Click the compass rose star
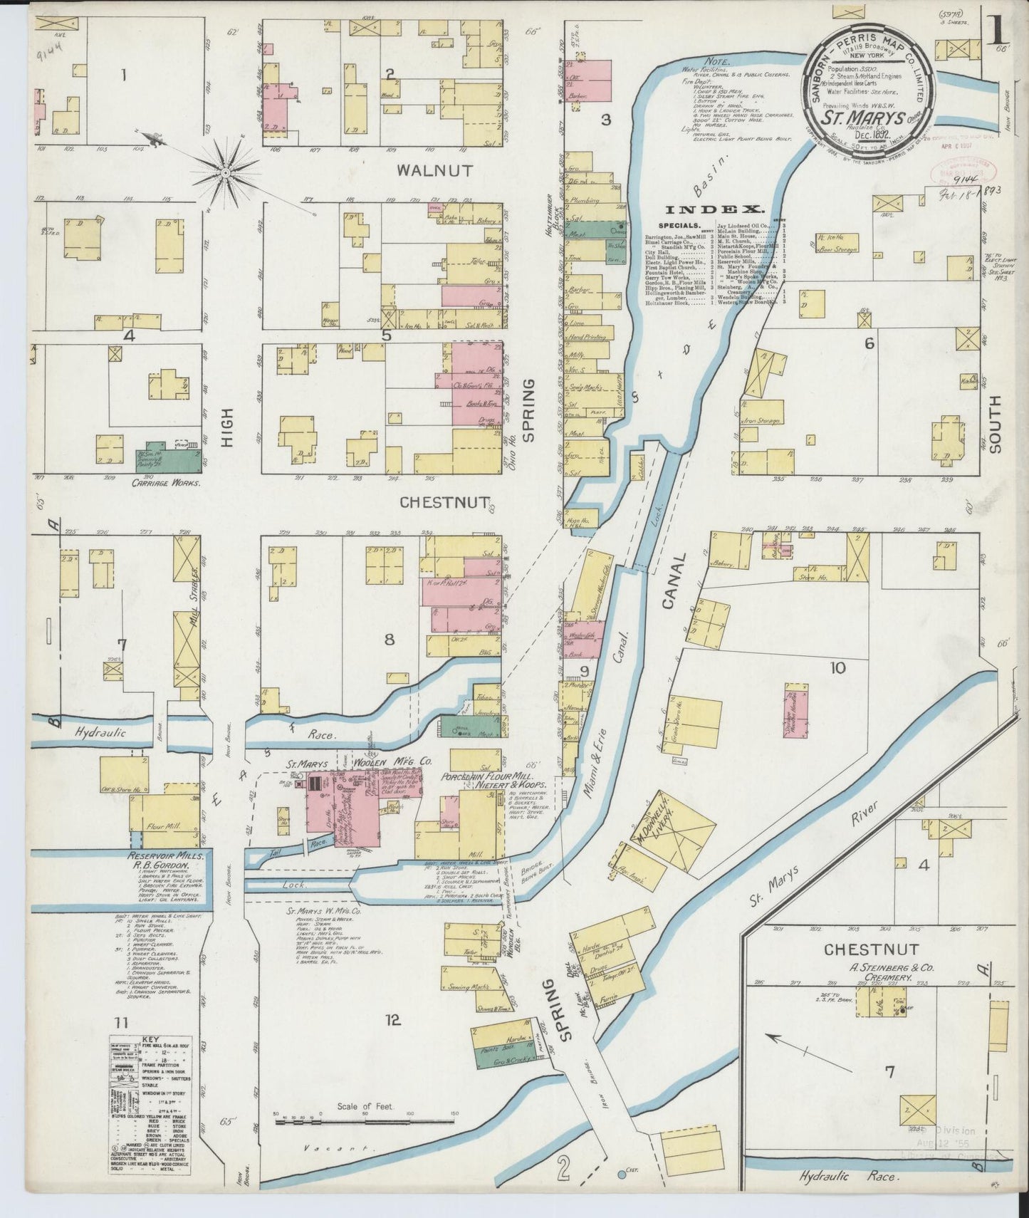(226, 172)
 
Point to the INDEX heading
(715, 209)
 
